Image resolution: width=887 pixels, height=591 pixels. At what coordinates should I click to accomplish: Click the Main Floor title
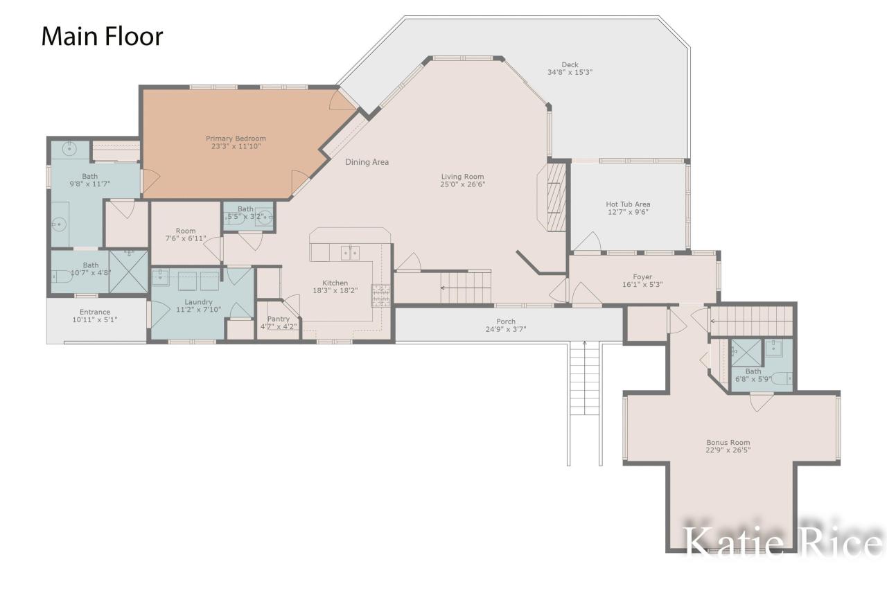pyautogui.click(x=102, y=37)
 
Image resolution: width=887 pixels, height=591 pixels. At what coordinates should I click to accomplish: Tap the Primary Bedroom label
pyautogui.click(x=236, y=139)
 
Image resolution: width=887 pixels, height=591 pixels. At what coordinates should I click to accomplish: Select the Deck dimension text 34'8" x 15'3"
pyautogui.click(x=570, y=72)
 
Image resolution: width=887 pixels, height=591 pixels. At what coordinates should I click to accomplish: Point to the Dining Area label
pyautogui.click(x=367, y=162)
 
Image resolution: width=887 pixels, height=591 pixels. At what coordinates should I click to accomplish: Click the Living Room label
pyautogui.click(x=462, y=177)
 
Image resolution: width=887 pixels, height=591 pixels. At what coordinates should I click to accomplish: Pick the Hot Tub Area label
pyautogui.click(x=628, y=204)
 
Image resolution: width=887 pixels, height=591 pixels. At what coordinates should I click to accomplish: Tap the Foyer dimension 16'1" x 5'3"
pyautogui.click(x=642, y=284)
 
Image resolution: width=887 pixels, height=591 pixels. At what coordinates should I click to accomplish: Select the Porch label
pyautogui.click(x=506, y=321)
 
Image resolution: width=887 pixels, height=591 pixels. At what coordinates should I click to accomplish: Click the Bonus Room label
pyautogui.click(x=728, y=443)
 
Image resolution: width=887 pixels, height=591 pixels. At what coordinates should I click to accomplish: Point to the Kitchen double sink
pyautogui.click(x=350, y=253)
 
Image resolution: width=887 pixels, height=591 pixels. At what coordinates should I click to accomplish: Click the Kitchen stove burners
pyautogui.click(x=380, y=295)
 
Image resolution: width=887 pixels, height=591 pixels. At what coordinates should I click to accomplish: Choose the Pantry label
pyautogui.click(x=279, y=319)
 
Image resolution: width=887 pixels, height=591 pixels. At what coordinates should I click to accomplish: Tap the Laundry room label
pyautogui.click(x=198, y=302)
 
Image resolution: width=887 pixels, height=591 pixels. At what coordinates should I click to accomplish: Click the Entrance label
pyautogui.click(x=95, y=312)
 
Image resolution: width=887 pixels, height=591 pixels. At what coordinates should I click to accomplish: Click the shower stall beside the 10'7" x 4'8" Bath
pyautogui.click(x=128, y=272)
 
